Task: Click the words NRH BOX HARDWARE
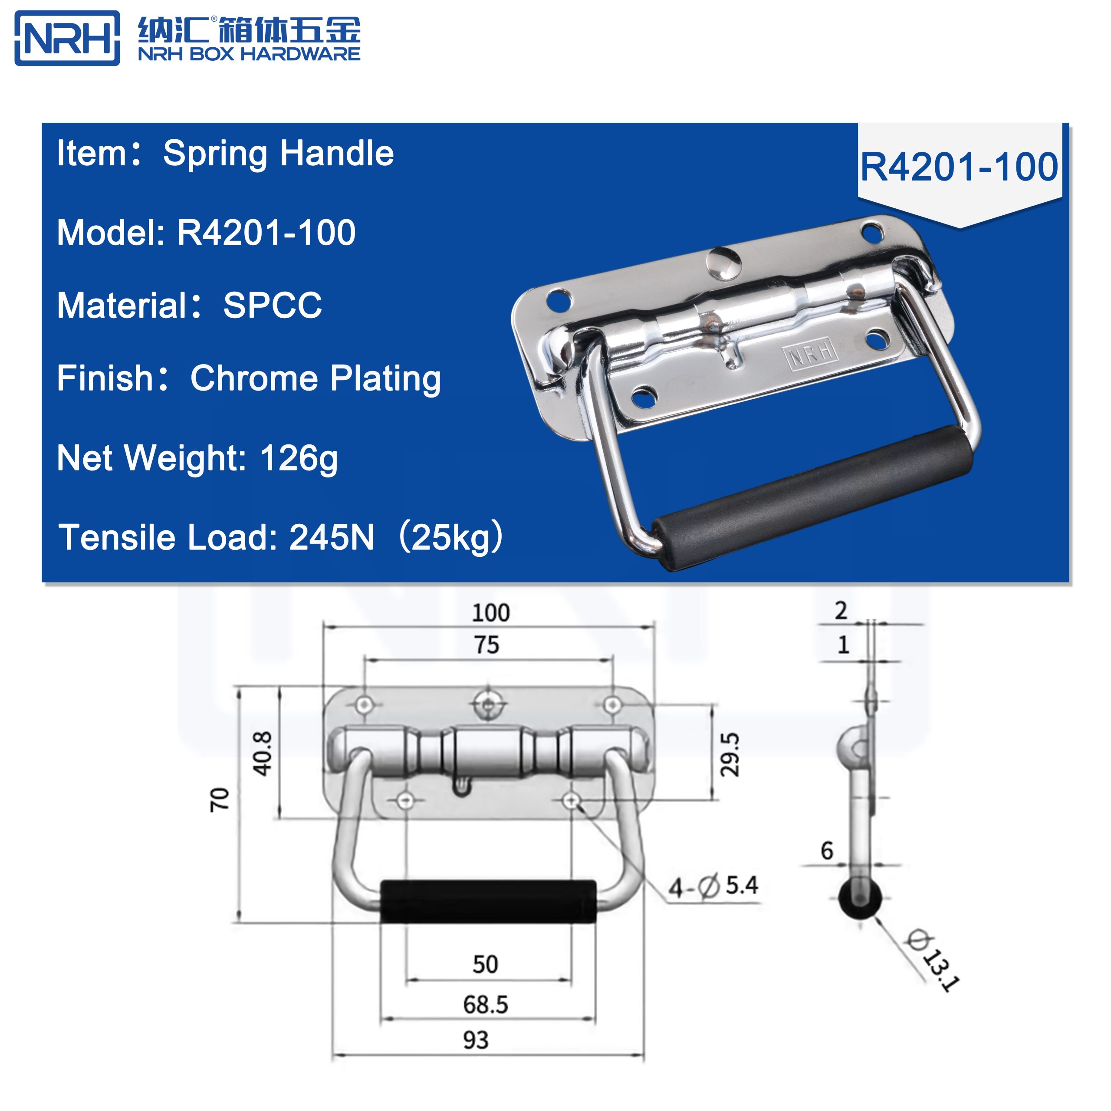249,55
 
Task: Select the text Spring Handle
278,154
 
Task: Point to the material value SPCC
272,306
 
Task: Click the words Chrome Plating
315,379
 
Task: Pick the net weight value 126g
299,458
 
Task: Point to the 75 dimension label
486,645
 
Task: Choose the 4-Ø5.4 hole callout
713,886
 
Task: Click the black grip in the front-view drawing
488,901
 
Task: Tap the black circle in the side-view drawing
859,901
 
